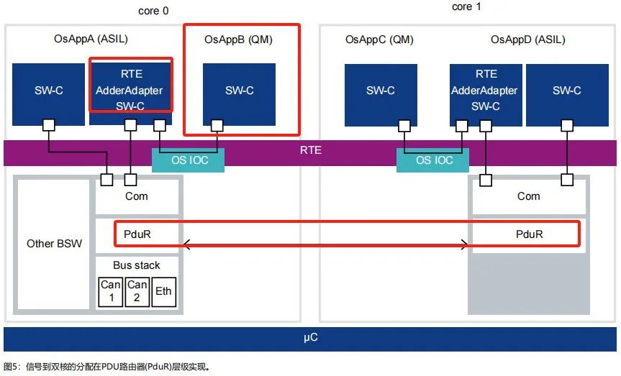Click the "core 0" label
[x=153, y=11]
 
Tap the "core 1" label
[x=466, y=6]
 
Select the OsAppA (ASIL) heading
[x=91, y=39]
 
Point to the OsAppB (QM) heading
[x=238, y=40]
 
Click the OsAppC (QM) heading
[x=379, y=40]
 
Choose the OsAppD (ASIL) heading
[x=528, y=40]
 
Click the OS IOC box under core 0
[x=188, y=160]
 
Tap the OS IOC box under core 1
[x=433, y=160]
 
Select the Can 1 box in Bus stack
[x=111, y=292]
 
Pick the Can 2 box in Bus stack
[x=137, y=292]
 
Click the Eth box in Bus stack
[x=163, y=292]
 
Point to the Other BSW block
[x=54, y=244]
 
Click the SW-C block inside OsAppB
[x=239, y=95]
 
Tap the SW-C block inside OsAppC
[x=381, y=95]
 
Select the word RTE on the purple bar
[x=311, y=150]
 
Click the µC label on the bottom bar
[x=311, y=338]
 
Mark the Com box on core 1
[x=529, y=197]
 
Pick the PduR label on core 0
[x=137, y=234]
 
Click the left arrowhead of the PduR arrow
[x=186, y=244]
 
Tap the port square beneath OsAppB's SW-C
[x=217, y=126]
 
